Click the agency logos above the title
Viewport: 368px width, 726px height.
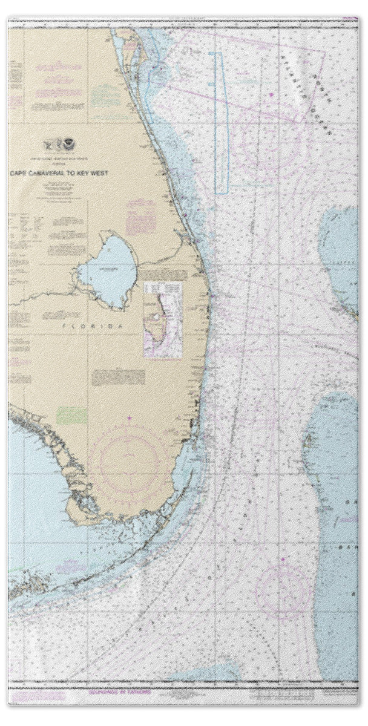62,145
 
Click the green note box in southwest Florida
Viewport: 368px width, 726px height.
72,415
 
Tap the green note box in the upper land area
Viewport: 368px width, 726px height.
107,95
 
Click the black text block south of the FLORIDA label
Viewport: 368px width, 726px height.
118,377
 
